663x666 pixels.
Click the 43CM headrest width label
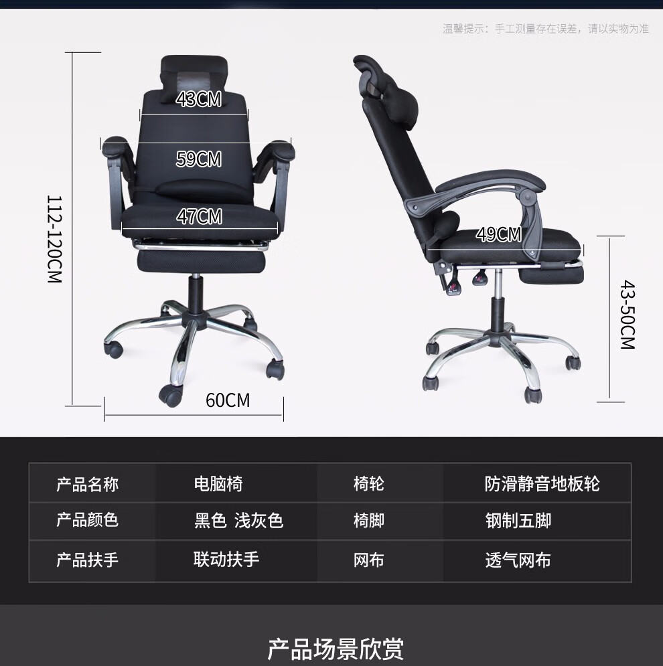tap(198, 100)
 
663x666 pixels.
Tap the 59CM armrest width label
tap(198, 159)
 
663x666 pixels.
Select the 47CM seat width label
tap(199, 217)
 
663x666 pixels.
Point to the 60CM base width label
tap(228, 400)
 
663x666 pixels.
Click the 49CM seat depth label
tap(499, 234)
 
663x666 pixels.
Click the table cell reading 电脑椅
tap(218, 484)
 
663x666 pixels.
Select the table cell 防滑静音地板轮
tap(542, 484)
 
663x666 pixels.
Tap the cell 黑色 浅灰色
tap(238, 520)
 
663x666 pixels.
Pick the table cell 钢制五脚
tap(518, 520)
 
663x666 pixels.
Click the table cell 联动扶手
tap(226, 560)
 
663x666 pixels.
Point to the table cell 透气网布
tap(518, 560)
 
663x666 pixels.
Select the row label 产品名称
tap(87, 484)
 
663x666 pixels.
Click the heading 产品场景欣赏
tap(336, 649)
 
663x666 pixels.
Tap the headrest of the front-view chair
tap(195, 70)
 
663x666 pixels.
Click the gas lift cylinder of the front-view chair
tap(196, 295)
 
